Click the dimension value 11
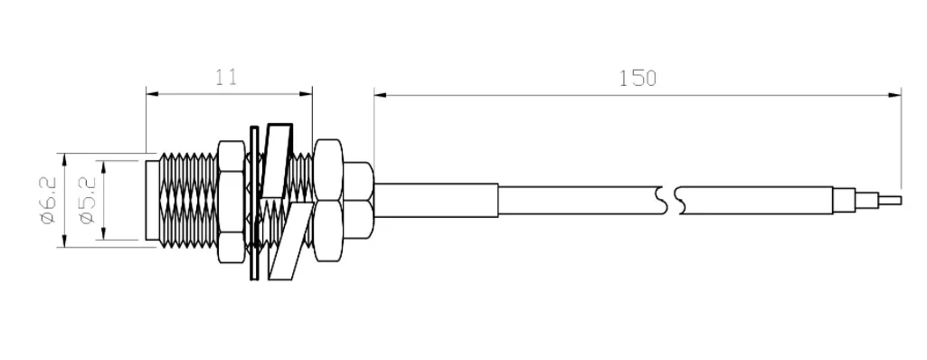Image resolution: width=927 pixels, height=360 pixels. point(226,78)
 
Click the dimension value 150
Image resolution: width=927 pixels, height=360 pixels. point(638,78)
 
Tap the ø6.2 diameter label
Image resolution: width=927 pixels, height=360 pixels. point(48,200)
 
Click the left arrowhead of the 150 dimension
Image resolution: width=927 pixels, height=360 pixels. point(381,95)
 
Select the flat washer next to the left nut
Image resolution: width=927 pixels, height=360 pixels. point(255,203)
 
